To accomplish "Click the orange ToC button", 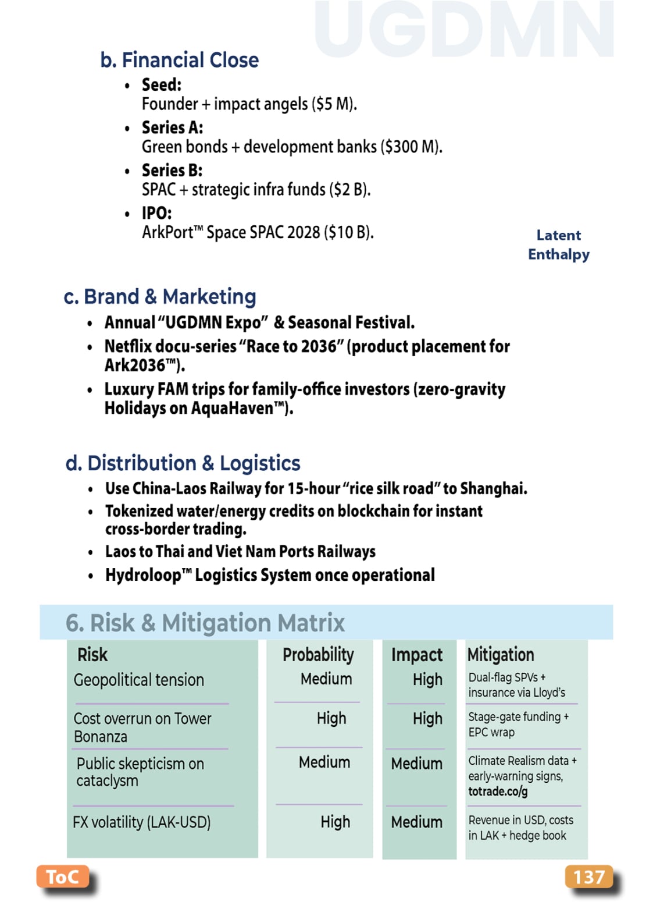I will pos(62,876).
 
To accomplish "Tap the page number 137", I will pos(588,876).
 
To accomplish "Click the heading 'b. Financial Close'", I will pos(179,60).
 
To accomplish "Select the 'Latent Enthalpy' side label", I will pos(558,245).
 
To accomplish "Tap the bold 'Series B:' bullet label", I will pos(172,171).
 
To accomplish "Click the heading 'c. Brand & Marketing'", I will pos(160,297).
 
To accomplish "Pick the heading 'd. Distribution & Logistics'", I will pos(183,463).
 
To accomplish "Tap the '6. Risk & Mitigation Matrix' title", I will pos(205,623).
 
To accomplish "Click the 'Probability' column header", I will pos(318,655).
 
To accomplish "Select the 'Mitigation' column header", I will pos(501,655).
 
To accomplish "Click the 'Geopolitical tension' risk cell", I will pos(139,680).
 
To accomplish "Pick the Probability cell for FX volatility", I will pos(335,822).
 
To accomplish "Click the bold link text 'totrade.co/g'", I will pos(498,792).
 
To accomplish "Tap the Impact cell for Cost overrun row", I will pos(427,719).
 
